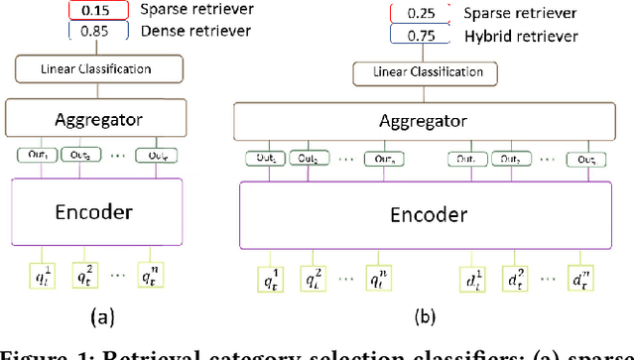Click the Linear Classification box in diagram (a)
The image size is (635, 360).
tap(97, 69)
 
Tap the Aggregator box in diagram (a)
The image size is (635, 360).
tap(97, 118)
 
